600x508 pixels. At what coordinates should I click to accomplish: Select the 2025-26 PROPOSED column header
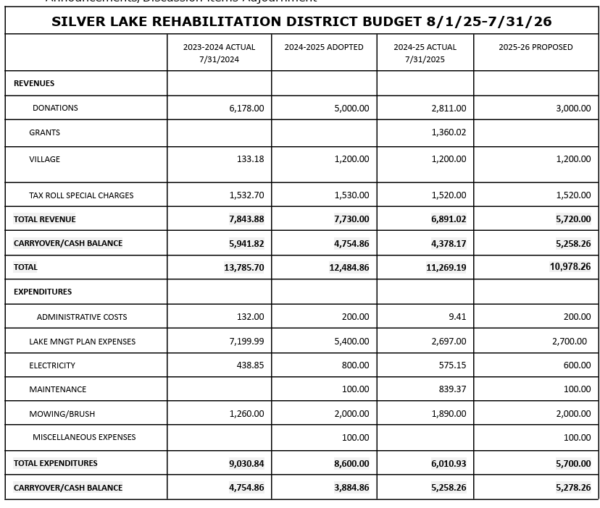[536, 47]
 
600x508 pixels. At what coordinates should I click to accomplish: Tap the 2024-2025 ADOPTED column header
[324, 47]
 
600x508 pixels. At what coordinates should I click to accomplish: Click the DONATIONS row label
[55, 108]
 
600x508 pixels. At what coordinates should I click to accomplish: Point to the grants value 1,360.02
[449, 132]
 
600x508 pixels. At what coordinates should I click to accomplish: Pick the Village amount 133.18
[250, 159]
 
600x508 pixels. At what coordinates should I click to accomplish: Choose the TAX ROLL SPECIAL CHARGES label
[81, 195]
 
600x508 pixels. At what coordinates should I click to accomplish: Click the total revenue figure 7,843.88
[246, 219]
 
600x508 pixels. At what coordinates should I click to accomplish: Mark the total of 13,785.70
[244, 268]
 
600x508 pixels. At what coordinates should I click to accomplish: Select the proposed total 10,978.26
[570, 267]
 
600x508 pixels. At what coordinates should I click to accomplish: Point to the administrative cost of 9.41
[457, 316]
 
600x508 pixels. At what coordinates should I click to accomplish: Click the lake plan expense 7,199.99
[246, 342]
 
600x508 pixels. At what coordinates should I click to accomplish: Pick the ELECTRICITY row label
[52, 365]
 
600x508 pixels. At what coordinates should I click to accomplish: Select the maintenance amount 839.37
[452, 389]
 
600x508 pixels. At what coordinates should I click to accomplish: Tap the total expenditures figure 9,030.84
[246, 464]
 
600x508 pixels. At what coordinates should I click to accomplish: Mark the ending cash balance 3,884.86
[351, 488]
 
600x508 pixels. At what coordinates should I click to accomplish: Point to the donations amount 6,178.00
[246, 109]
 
